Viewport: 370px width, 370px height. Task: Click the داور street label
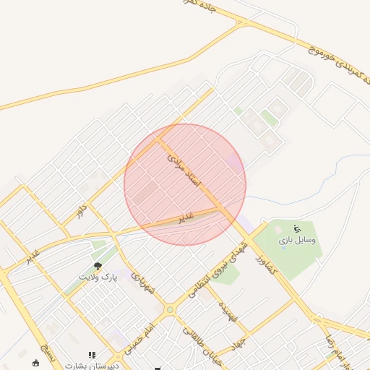pyautogui.click(x=81, y=210)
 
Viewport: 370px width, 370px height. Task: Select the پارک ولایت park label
pyautogui.click(x=97, y=277)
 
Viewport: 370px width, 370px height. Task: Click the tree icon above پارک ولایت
pyautogui.click(x=98, y=267)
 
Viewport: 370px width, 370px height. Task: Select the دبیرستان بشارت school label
pyautogui.click(x=91, y=366)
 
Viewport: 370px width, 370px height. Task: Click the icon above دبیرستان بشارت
pyautogui.click(x=91, y=356)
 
